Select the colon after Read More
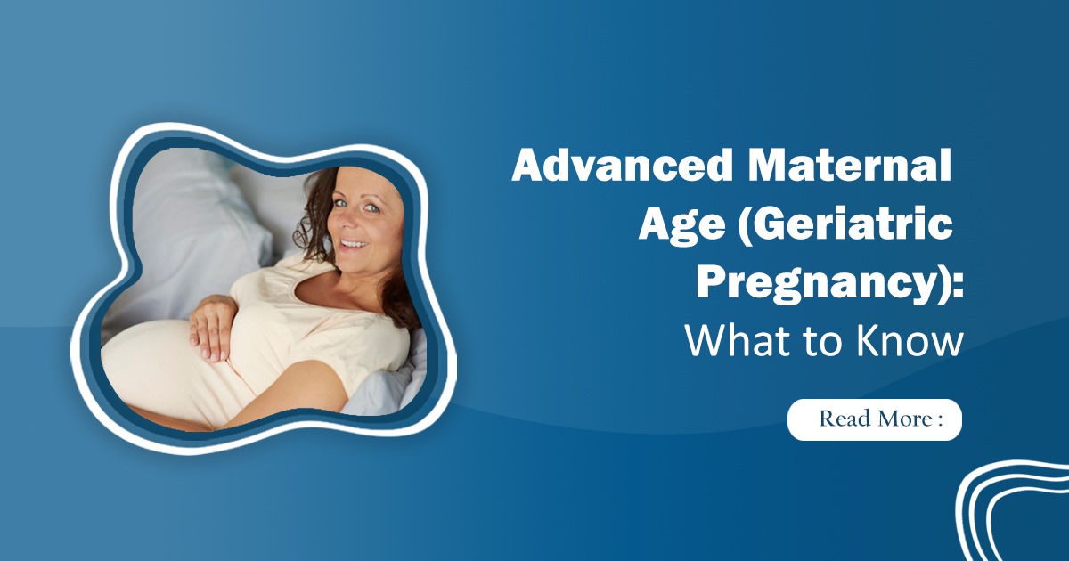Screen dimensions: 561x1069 940,419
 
